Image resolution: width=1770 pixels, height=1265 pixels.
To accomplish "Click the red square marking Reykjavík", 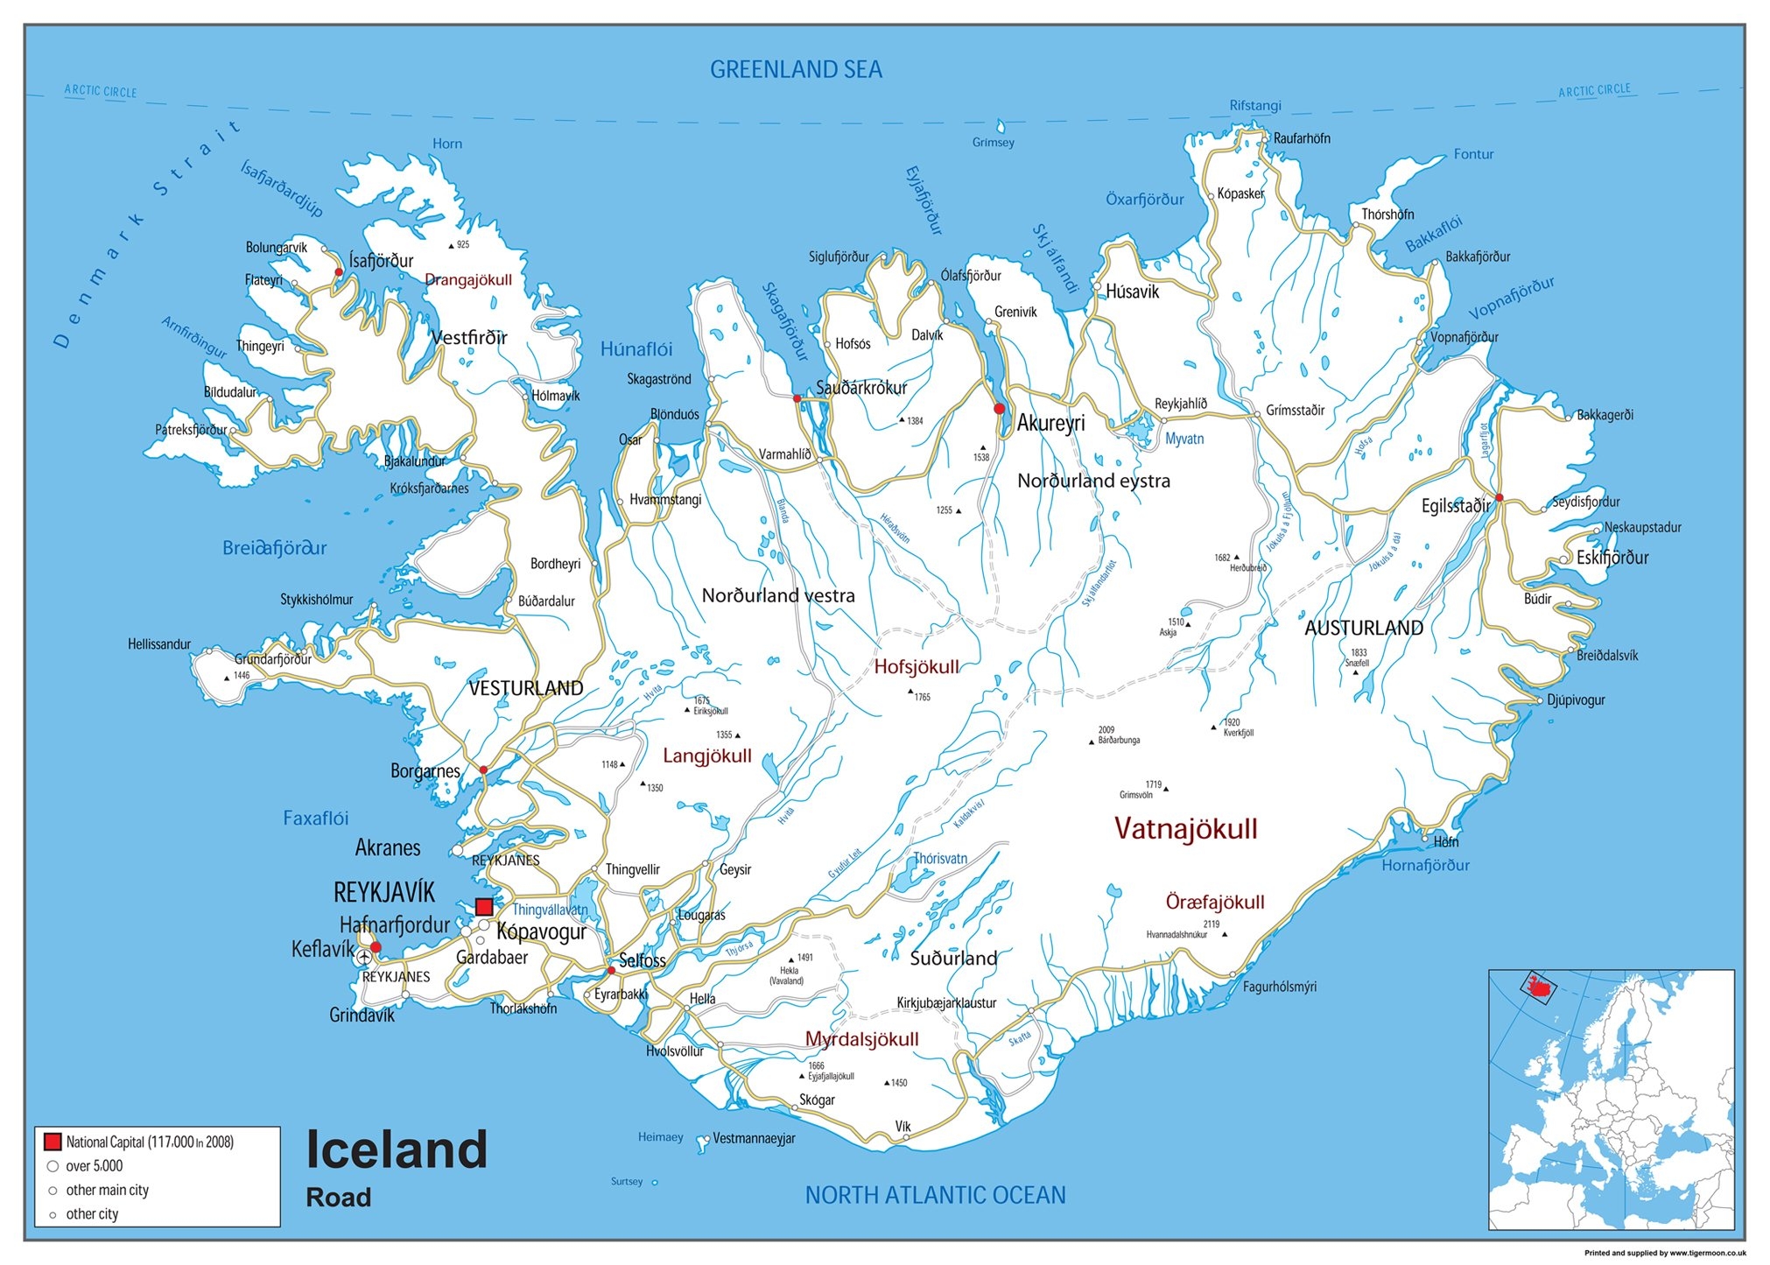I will pyautogui.click(x=484, y=907).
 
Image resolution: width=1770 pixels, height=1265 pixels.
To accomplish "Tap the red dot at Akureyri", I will pyautogui.click(x=1000, y=409).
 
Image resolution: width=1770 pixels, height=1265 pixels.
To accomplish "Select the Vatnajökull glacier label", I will pyautogui.click(x=1185, y=828).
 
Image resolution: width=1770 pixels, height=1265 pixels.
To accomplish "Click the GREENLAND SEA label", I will pyautogui.click(x=796, y=70).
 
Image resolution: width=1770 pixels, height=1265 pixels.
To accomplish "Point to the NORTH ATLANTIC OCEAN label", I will pyautogui.click(x=935, y=1195).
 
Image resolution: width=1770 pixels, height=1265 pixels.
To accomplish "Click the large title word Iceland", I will pyautogui.click(x=397, y=1149).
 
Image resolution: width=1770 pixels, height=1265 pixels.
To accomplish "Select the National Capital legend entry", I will pyautogui.click(x=149, y=1142).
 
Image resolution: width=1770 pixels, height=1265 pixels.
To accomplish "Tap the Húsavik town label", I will pyautogui.click(x=1132, y=292).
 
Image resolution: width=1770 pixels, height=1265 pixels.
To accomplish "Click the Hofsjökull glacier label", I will pyautogui.click(x=917, y=667).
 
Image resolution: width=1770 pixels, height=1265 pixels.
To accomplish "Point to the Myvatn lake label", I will pyautogui.click(x=1184, y=439).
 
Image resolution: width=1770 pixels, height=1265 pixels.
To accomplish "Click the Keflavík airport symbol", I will pyautogui.click(x=365, y=959).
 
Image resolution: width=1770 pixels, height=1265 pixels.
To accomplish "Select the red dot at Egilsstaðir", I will pyautogui.click(x=1499, y=497).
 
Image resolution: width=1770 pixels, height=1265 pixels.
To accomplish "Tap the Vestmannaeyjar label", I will pyautogui.click(x=753, y=1138).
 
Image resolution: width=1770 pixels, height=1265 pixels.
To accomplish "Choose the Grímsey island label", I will pyautogui.click(x=993, y=143).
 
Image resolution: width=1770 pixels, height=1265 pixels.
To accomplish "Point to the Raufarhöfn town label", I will pyautogui.click(x=1302, y=138).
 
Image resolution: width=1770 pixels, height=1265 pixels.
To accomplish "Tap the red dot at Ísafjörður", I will pyautogui.click(x=339, y=272).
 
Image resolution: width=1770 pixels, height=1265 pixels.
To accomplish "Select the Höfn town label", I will pyautogui.click(x=1446, y=841).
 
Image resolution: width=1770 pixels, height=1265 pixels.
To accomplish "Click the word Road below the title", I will pyautogui.click(x=338, y=1197).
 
